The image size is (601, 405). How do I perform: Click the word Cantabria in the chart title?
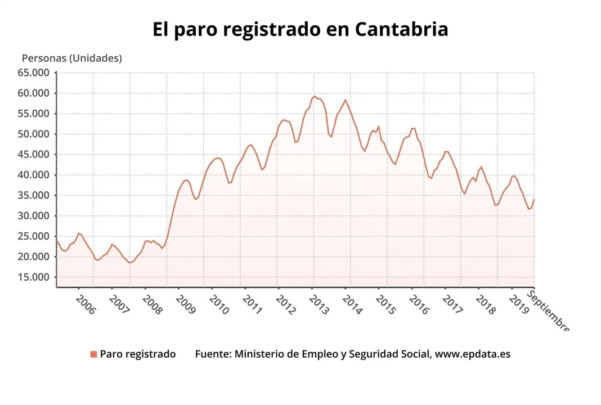(x=401, y=30)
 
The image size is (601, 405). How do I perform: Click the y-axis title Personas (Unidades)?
(x=71, y=58)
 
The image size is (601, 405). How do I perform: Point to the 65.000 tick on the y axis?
(x=34, y=73)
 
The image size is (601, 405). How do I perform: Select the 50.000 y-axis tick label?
(x=34, y=134)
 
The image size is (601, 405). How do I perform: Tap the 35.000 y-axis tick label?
(x=34, y=195)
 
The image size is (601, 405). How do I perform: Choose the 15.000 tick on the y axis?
(x=34, y=277)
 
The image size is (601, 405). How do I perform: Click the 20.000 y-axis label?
(x=34, y=256)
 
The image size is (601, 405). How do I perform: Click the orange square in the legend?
(x=93, y=354)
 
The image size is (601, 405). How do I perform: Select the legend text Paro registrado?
(x=138, y=354)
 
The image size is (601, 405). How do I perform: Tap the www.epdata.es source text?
(x=473, y=354)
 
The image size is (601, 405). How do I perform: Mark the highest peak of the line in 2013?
(x=315, y=96)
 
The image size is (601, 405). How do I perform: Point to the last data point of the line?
(x=533, y=200)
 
